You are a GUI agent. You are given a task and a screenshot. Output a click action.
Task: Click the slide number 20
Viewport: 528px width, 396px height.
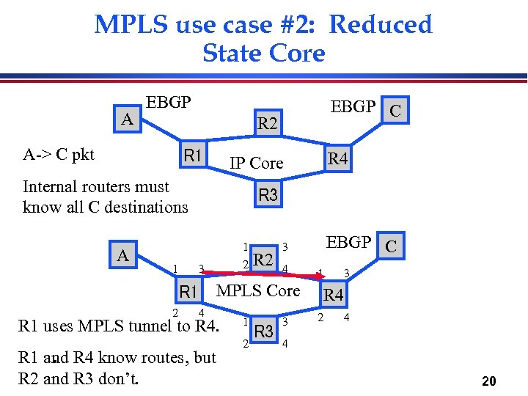tap(489, 381)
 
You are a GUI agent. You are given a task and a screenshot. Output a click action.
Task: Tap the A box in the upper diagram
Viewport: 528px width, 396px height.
tap(128, 119)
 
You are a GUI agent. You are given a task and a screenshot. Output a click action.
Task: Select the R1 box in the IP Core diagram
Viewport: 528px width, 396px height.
tap(194, 155)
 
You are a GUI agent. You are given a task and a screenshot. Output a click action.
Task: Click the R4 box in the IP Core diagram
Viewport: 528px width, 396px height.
tap(337, 158)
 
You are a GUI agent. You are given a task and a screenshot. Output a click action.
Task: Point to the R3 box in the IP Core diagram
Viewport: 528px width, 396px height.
tap(268, 195)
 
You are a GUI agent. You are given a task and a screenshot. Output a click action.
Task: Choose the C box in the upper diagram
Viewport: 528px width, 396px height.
tap(395, 111)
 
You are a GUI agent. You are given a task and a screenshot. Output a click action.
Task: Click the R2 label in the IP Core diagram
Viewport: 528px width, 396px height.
tap(268, 124)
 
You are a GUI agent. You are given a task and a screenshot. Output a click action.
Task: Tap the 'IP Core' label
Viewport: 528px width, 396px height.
tap(256, 163)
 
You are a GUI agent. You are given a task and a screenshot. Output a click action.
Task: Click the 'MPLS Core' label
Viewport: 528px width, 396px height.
tap(258, 290)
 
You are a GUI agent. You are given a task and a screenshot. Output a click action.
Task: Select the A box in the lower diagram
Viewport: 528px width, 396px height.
tap(124, 255)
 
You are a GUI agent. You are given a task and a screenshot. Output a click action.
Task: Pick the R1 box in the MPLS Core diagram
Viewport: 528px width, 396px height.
tap(189, 292)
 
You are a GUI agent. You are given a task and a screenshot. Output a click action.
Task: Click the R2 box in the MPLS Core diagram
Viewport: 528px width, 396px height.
tap(263, 259)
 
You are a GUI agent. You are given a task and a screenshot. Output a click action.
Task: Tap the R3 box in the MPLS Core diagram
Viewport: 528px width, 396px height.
tap(264, 331)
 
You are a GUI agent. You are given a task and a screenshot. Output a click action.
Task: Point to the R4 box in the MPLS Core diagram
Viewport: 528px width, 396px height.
tap(334, 295)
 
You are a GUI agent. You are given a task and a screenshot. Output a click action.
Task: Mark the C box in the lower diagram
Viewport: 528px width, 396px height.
tap(391, 246)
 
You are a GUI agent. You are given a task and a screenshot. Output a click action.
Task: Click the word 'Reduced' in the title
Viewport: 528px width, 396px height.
tap(380, 24)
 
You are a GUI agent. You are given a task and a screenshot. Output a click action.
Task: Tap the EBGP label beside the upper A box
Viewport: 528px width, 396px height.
tap(169, 102)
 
